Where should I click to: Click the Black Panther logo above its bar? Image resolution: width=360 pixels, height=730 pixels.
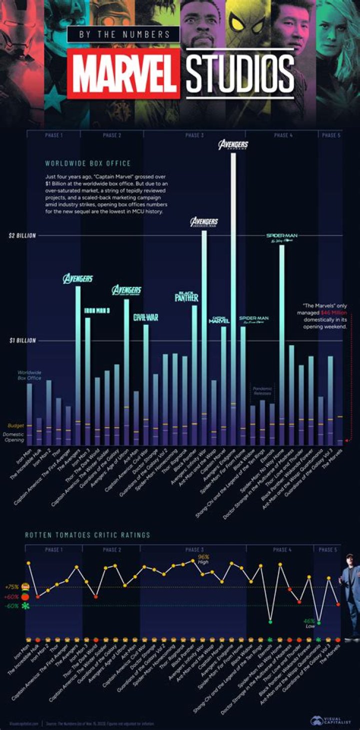pos(186,296)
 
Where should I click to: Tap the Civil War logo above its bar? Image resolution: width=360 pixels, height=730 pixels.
pos(145,317)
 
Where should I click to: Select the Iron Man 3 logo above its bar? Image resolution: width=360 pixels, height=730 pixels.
pos(97,310)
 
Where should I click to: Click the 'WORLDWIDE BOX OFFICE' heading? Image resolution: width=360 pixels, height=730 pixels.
pos(87,163)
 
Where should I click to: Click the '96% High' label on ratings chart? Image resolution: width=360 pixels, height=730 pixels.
pos(203,559)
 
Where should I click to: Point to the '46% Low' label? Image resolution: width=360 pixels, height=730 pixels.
pos(309,624)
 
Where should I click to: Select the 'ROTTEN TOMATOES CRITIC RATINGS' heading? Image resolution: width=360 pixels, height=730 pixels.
pos(87,535)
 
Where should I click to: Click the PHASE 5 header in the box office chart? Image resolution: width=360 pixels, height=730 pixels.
pos(329,135)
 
